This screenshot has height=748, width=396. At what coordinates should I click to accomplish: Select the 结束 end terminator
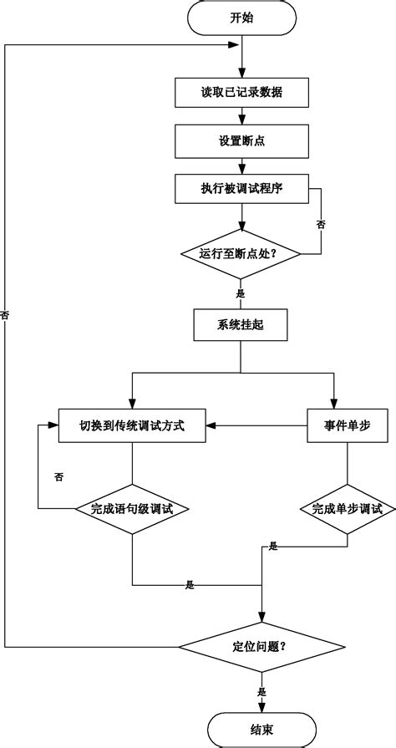click(x=261, y=730)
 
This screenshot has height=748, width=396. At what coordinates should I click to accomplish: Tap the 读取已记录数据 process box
click(x=241, y=93)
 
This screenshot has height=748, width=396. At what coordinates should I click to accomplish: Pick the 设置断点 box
click(x=241, y=140)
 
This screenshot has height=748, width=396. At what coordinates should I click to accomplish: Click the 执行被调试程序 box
click(x=241, y=188)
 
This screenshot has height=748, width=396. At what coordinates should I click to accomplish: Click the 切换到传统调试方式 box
click(x=132, y=425)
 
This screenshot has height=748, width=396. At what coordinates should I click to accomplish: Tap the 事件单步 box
click(x=347, y=425)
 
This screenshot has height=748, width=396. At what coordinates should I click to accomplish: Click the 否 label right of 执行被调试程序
click(x=321, y=224)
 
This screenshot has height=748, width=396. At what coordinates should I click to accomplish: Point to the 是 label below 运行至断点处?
click(x=241, y=293)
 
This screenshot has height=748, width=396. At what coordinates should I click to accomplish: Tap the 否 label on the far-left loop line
click(x=6, y=315)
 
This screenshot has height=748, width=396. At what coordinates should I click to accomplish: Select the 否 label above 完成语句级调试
click(x=58, y=476)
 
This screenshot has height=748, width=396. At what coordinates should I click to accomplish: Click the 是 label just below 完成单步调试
click(x=273, y=547)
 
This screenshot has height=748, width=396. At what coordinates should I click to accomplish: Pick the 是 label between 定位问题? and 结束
click(x=261, y=692)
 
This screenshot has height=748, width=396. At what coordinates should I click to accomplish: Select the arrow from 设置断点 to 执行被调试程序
click(x=241, y=166)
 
